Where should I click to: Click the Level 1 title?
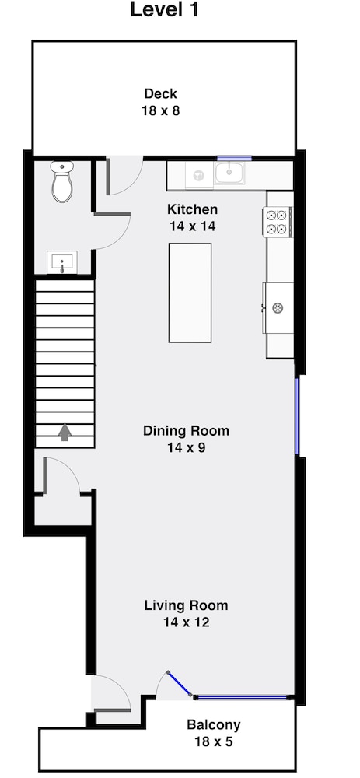(x=165, y=9)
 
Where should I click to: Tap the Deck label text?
(x=161, y=93)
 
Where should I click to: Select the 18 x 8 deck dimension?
(x=161, y=110)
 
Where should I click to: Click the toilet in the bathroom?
(x=62, y=180)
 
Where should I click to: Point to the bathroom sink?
(x=62, y=262)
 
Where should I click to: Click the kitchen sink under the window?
(x=229, y=173)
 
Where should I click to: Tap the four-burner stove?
(x=277, y=222)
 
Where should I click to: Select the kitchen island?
(x=190, y=293)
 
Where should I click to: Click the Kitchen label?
(x=192, y=209)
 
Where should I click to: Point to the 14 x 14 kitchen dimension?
(x=192, y=226)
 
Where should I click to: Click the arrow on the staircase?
(x=65, y=432)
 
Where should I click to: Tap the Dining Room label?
(x=187, y=430)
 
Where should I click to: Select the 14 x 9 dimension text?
(x=187, y=447)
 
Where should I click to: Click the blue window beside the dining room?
(x=298, y=416)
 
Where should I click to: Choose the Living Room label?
(x=187, y=605)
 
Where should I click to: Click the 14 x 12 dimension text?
(x=187, y=622)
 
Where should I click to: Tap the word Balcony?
(x=214, y=725)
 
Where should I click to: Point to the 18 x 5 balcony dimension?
(x=214, y=741)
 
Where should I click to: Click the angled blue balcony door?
(x=180, y=684)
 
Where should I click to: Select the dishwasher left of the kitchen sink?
(x=199, y=174)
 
